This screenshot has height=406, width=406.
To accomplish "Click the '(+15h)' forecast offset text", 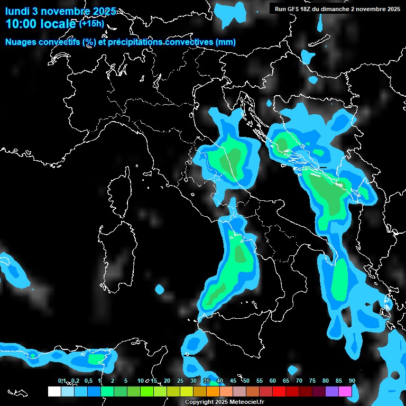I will [91, 24].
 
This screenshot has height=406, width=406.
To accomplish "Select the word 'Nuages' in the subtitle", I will [21, 42].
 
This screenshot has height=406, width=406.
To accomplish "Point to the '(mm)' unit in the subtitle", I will [226, 42].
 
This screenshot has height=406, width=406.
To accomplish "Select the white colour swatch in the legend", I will [54, 391].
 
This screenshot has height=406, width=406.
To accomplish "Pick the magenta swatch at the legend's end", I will [345, 391].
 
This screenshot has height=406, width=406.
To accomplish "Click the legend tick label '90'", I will [352, 381].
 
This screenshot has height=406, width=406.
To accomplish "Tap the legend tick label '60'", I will [272, 381].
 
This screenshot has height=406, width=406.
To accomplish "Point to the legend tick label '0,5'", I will [88, 381].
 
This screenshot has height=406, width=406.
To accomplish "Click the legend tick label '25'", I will [180, 381].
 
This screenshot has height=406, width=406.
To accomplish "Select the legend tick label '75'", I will [312, 381].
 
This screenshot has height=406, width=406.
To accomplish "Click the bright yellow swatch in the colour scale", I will [187, 391].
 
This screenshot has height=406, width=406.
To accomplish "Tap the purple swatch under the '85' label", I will [332, 391].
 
